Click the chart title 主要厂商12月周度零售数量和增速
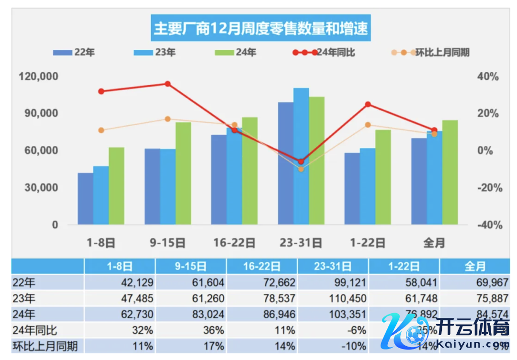[x=261, y=28]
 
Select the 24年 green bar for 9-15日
[x=183, y=173]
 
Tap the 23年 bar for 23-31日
[x=301, y=156]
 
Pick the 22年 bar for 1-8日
[x=86, y=199]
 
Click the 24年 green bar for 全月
[x=450, y=172]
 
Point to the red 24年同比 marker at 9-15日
[x=168, y=84]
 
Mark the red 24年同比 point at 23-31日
[x=301, y=161]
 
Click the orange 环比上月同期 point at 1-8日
[x=101, y=130]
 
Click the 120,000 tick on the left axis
[x=39, y=77]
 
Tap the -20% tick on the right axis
[x=489, y=188]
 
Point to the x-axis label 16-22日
[x=234, y=243]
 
